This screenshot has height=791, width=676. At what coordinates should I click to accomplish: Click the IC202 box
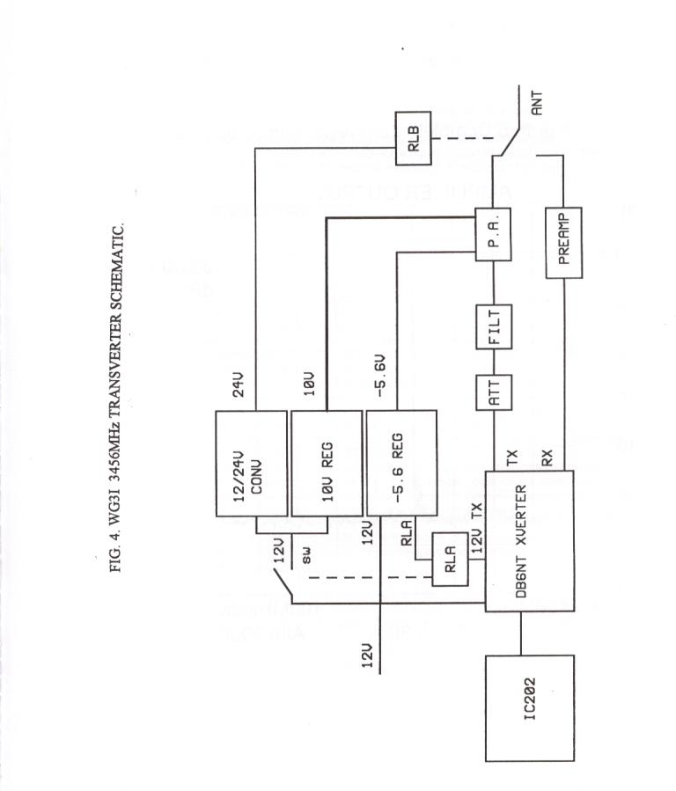pos(530,707)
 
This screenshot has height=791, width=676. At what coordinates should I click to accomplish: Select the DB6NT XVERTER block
pos(530,540)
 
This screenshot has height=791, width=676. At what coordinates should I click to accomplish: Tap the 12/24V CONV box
pos(252,464)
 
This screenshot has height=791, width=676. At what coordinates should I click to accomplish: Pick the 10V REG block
pos(327,464)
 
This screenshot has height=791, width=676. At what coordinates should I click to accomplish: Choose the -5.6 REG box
pos(401,464)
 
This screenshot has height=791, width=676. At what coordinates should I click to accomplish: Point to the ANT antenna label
pos(538,104)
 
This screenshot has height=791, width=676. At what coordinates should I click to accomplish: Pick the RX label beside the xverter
pos(547,458)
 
